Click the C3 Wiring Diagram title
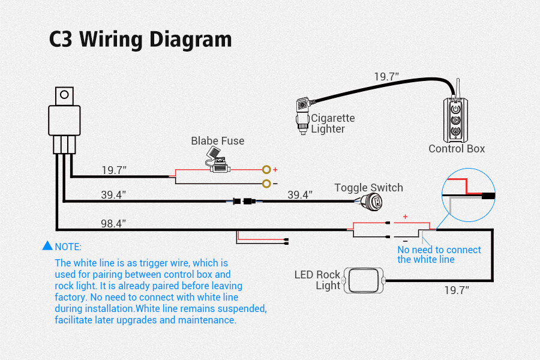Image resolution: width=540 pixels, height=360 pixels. pos(140,40)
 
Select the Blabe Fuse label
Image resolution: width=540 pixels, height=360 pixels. pos(218,141)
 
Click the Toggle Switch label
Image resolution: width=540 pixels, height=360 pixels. pos(368,188)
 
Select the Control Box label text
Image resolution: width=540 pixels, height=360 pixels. pos(456,149)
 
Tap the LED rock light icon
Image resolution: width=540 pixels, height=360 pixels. pos(364,280)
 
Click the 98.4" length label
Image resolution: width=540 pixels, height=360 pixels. pos(113,223)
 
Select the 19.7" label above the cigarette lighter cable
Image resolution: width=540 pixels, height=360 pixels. pos(386,77)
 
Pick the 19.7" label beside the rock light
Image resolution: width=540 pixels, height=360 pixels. pos(456,290)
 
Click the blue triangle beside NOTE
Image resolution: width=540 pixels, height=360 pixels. pos(47,246)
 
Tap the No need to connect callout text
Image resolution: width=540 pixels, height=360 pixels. pos(439,254)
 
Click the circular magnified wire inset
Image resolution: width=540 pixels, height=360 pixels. pos(468,195)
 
